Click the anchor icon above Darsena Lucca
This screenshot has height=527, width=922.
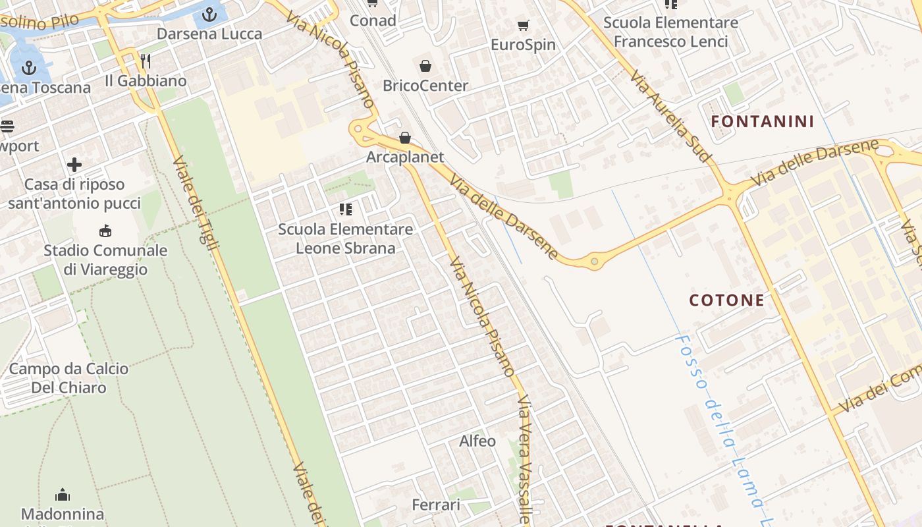(209, 14)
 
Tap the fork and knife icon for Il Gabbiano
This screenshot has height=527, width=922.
(146, 61)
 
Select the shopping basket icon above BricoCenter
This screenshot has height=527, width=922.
(425, 66)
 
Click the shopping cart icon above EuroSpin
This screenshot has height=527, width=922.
(524, 26)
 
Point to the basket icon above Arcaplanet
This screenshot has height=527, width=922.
(405, 138)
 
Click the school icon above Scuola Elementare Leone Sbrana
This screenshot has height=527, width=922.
(345, 209)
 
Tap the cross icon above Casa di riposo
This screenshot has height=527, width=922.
(74, 165)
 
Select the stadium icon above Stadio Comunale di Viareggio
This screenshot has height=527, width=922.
(105, 231)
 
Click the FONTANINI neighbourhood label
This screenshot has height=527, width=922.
(763, 121)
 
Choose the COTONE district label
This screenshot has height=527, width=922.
(726, 300)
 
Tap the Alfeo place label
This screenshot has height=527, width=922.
(477, 441)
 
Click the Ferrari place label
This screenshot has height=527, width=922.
(436, 505)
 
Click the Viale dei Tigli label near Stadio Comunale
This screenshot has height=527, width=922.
(196, 203)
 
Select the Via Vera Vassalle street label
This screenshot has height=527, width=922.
(524, 460)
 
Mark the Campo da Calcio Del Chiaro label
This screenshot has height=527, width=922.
(68, 378)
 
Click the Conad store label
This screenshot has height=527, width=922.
(373, 20)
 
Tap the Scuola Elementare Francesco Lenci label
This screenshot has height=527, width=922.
(670, 32)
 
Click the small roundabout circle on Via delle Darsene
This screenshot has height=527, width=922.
(594, 262)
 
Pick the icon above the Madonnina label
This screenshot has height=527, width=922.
(63, 495)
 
